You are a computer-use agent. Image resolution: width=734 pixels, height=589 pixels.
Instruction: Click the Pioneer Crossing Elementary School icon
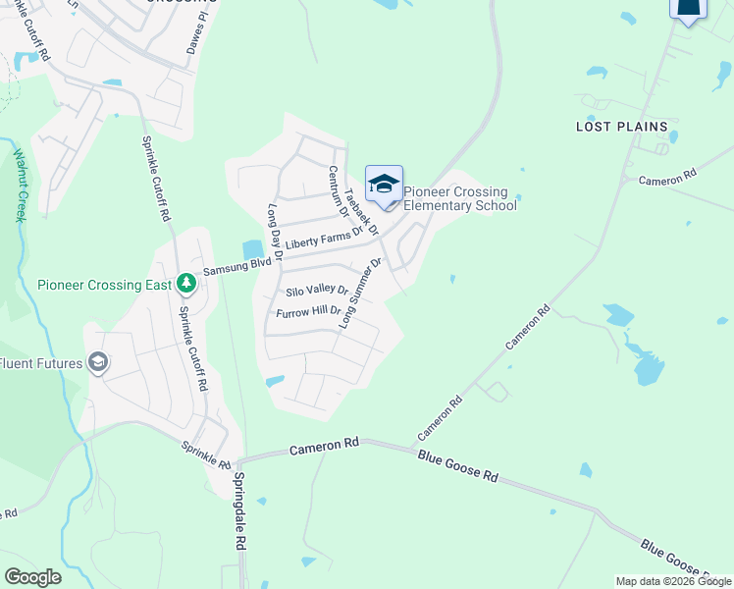pyautogui.click(x=384, y=184)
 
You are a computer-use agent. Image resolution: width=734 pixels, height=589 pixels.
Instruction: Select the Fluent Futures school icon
pyautogui.click(x=98, y=362)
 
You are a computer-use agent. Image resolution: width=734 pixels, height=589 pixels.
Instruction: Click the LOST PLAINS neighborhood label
pyautogui.click(x=621, y=127)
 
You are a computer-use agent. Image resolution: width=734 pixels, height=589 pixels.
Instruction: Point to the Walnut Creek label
pyautogui.click(x=20, y=186)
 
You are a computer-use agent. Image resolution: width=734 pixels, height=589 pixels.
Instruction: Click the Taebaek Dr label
pyautogui.click(x=362, y=212)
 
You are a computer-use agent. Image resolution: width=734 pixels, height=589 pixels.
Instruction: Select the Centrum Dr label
pyautogui.click(x=337, y=190)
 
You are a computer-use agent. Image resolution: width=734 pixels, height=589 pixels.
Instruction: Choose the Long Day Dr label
pyautogui.click(x=276, y=231)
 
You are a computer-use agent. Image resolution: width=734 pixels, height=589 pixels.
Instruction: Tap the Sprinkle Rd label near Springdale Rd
pyautogui.click(x=204, y=453)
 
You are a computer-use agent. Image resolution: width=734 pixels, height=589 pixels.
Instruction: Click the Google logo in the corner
pyautogui.click(x=32, y=576)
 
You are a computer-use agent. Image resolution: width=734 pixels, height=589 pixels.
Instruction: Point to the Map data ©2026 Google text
pyautogui.click(x=673, y=581)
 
